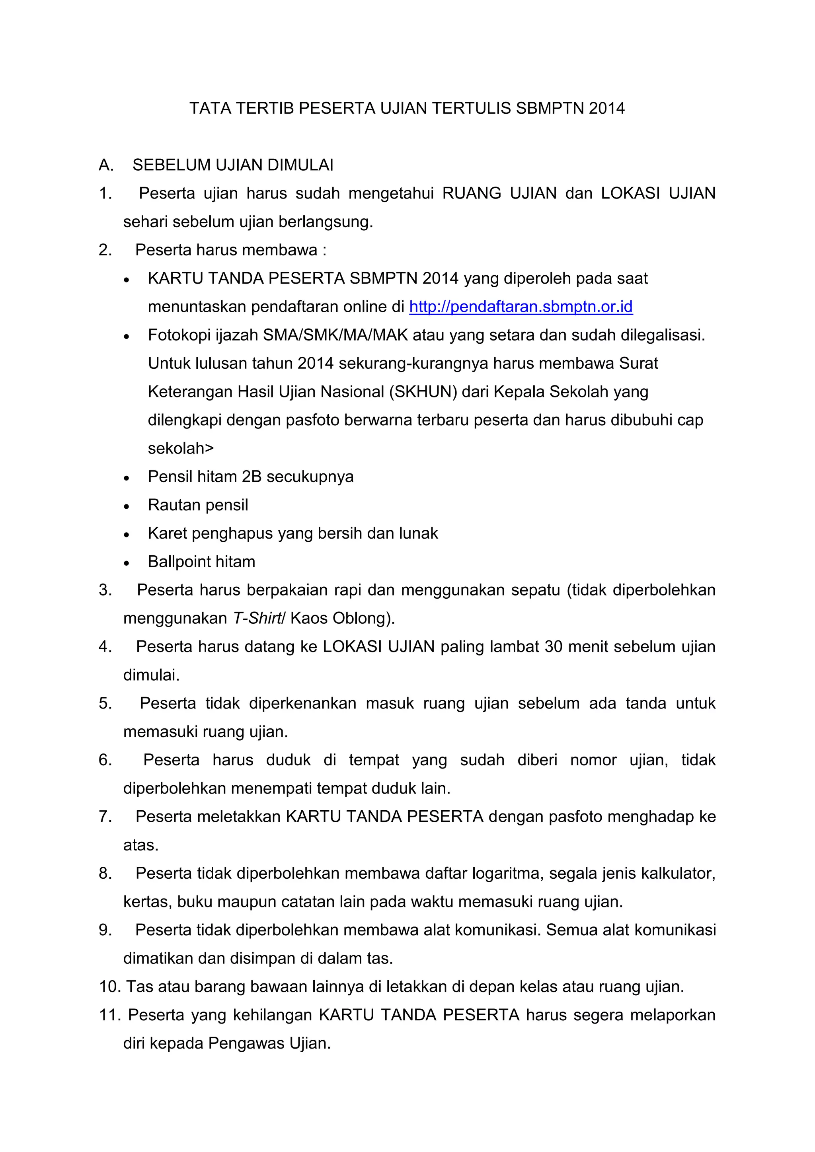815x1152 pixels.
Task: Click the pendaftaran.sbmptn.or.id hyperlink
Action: point(521,307)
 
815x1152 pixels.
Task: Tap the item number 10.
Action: point(109,987)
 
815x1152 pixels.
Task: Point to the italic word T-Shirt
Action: point(257,618)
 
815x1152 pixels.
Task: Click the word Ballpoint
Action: point(179,562)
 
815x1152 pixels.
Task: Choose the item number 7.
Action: point(105,817)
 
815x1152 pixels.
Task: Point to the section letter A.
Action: point(105,165)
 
